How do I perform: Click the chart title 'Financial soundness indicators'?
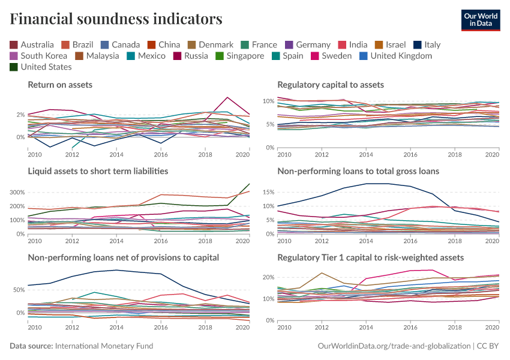(x=116, y=19)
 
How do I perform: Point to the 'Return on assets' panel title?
(x=60, y=85)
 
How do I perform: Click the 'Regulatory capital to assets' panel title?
(x=331, y=85)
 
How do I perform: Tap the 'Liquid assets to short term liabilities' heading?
(x=98, y=171)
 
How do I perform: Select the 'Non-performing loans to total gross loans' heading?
(x=358, y=171)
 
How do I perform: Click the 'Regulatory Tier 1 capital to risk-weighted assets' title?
(x=370, y=257)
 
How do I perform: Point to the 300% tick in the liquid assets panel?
(x=18, y=193)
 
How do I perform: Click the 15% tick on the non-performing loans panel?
(x=269, y=193)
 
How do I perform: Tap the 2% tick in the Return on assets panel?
(x=20, y=115)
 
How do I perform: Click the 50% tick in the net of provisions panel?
(x=18, y=290)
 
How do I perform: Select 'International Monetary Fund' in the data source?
(x=104, y=346)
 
